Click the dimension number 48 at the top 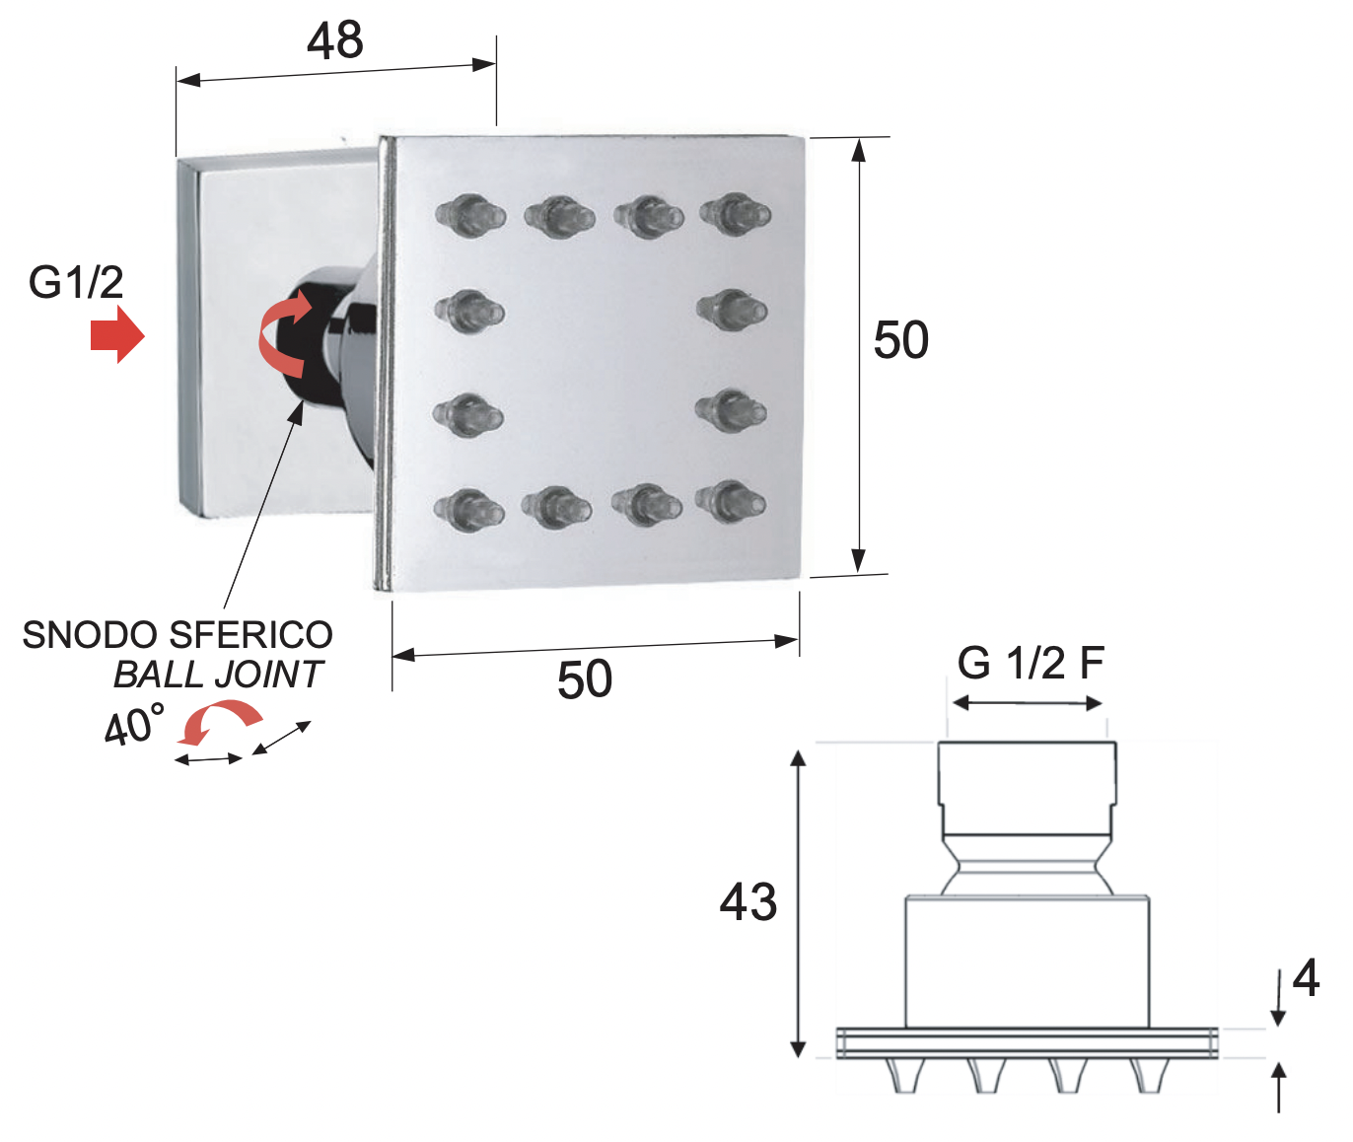[x=335, y=40]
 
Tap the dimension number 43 [x=748, y=902]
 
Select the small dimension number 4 [x=1306, y=978]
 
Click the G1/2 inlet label [x=76, y=282]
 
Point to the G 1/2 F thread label [x=1031, y=663]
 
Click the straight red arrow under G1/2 [x=117, y=334]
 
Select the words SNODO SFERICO [x=178, y=635]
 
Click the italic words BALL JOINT [x=218, y=674]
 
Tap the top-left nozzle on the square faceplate [x=470, y=214]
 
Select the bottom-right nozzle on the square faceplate [x=731, y=501]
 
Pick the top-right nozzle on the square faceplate [x=736, y=213]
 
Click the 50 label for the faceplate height [x=900, y=340]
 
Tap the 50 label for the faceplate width [x=585, y=679]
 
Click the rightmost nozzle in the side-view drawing [x=1150, y=1075]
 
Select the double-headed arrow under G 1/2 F [x=1028, y=703]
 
